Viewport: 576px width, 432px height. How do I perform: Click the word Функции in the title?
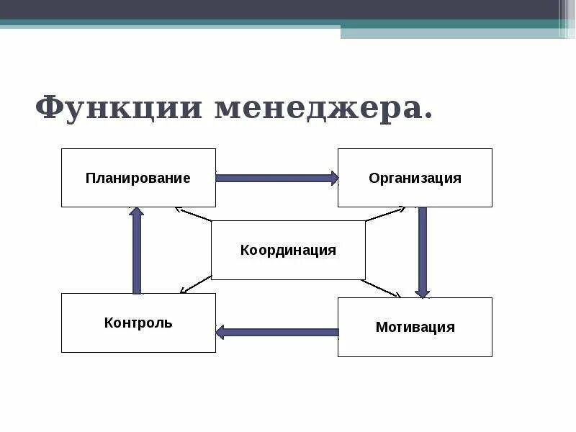[118, 108]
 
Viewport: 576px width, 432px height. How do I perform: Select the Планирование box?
[138, 178]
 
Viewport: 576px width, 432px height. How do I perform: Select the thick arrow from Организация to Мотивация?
[422, 252]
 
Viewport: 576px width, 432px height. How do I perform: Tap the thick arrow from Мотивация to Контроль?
[277, 332]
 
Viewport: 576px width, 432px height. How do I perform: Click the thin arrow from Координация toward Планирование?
[193, 215]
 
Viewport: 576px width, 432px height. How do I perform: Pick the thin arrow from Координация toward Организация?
[384, 215]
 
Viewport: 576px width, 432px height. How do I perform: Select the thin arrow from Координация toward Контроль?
[194, 285]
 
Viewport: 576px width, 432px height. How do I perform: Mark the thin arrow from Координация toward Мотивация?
[382, 288]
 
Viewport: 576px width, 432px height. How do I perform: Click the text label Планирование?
[138, 178]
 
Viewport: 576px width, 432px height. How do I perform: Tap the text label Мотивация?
[415, 327]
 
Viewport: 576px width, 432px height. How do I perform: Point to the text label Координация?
[288, 250]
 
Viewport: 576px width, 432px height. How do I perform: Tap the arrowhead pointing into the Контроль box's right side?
[220, 332]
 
